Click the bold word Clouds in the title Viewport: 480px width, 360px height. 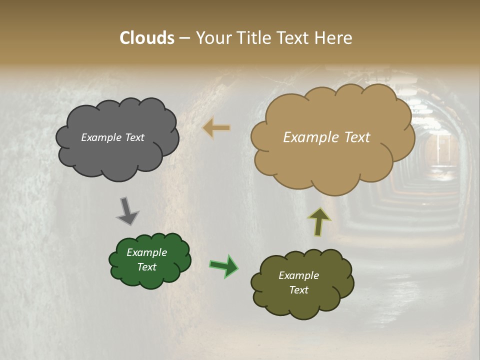pos(147,38)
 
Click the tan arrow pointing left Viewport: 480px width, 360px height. pos(216,128)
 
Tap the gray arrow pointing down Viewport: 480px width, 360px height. pos(128,210)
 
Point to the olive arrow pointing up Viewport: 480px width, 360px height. pos(319,221)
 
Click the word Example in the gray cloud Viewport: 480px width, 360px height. pos(100,137)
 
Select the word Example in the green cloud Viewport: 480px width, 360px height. pos(146,252)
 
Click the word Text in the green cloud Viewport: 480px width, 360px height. pos(147,267)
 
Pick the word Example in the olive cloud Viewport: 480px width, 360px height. pos(298,275)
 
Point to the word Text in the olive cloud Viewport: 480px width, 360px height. pos(298,290)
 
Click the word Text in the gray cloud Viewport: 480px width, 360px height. pos(133,137)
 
